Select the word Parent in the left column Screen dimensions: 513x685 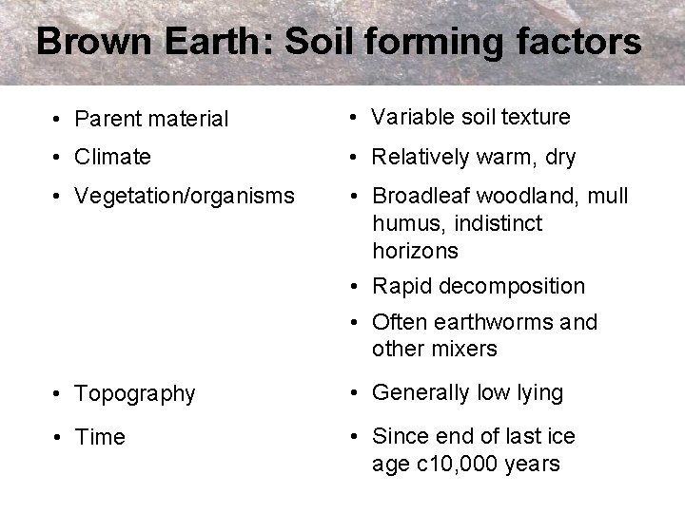click(x=106, y=120)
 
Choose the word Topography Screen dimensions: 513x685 click(x=135, y=393)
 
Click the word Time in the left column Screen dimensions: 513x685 click(x=100, y=437)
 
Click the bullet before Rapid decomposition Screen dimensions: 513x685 click(x=354, y=287)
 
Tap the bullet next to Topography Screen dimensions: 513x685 click(x=59, y=394)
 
